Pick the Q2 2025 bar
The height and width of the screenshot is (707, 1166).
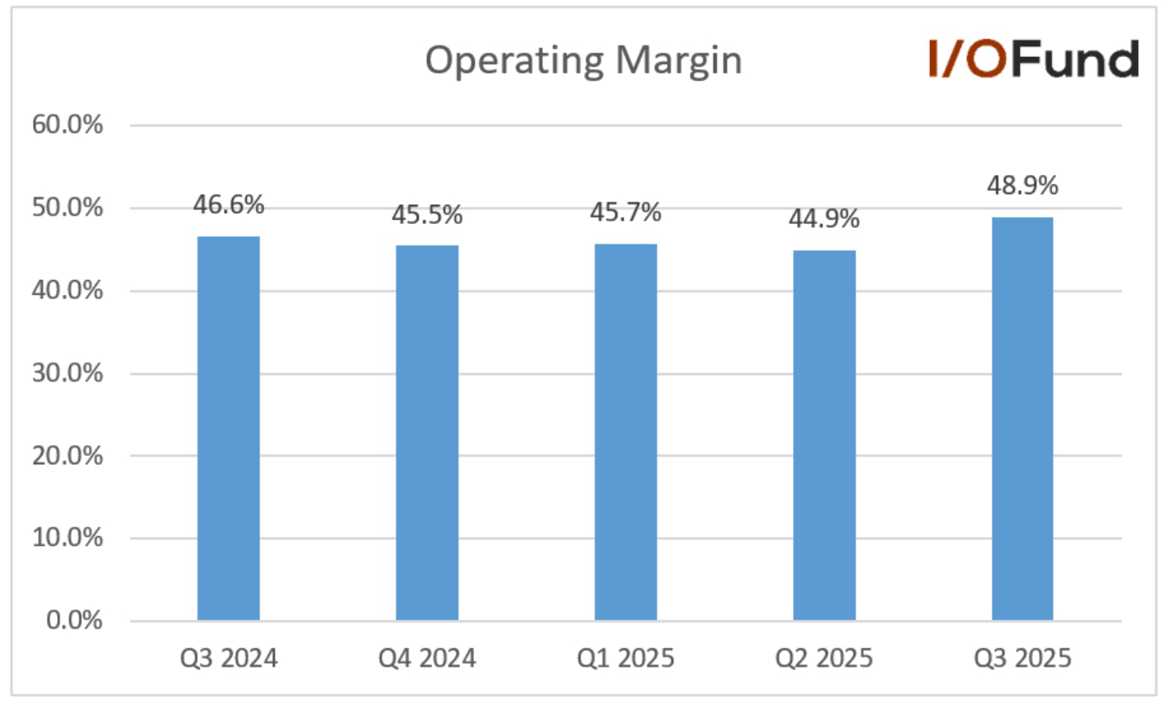tap(824, 435)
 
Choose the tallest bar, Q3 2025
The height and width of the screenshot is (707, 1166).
tap(1022, 419)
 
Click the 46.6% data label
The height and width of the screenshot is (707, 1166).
tap(229, 205)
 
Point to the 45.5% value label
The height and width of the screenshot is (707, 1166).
tap(427, 216)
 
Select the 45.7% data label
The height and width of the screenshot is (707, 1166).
tap(626, 213)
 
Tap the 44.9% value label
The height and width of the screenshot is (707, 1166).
tap(824, 219)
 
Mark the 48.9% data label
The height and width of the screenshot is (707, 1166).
tap(1022, 186)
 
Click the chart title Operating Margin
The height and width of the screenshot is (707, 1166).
tap(583, 60)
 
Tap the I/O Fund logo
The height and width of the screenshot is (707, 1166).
tap(1034, 59)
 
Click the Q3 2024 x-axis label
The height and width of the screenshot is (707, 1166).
tap(229, 658)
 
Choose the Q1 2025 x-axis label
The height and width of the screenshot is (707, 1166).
tap(626, 658)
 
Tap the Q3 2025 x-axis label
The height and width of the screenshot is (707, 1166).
tap(1022, 658)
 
